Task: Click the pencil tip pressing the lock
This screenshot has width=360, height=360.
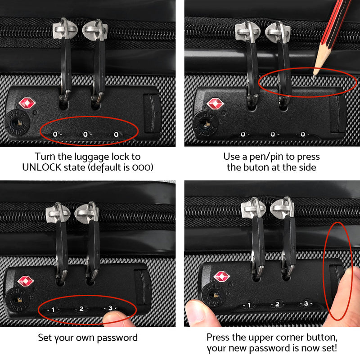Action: [x=314, y=77]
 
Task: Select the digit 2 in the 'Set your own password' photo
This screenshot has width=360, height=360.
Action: [x=81, y=309]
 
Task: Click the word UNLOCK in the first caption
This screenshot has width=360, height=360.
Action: [x=42, y=167]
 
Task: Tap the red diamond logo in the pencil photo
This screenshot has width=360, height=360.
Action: [x=215, y=103]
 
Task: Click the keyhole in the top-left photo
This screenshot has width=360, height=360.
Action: [x=16, y=123]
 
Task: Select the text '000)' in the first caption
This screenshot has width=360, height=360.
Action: [x=143, y=167]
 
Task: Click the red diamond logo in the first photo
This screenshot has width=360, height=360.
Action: [x=27, y=103]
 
